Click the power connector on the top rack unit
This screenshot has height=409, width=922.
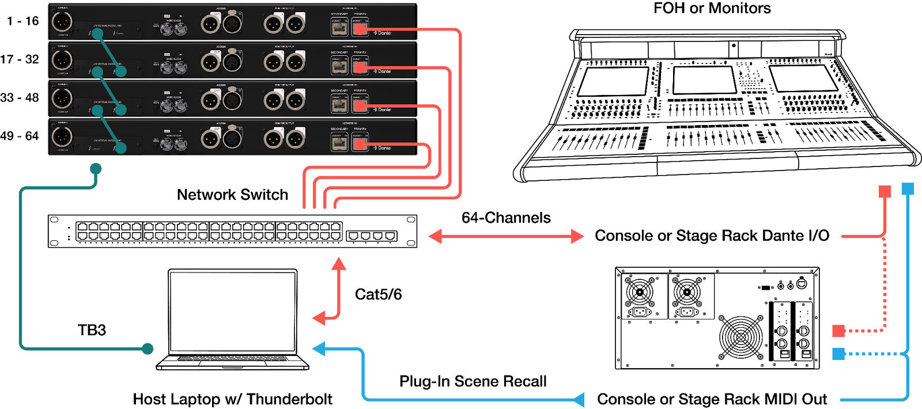62,22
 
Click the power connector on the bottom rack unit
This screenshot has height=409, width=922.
62,137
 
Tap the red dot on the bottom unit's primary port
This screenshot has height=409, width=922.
360,144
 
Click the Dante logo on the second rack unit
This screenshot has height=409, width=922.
383,71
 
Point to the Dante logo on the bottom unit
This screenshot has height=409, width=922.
383,148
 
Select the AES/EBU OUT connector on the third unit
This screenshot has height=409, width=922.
210,101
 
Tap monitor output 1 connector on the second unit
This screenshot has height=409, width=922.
273,62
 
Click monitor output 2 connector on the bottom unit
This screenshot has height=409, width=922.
296,139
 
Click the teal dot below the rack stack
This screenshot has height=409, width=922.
96,169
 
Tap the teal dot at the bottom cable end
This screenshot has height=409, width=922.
148,349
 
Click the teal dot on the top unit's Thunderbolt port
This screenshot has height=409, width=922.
97,33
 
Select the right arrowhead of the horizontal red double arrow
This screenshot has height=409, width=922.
577,236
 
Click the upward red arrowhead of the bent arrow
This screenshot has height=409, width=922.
339,264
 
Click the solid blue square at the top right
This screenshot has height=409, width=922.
908,189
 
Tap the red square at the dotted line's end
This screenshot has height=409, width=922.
838,331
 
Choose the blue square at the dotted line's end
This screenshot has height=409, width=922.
838,353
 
